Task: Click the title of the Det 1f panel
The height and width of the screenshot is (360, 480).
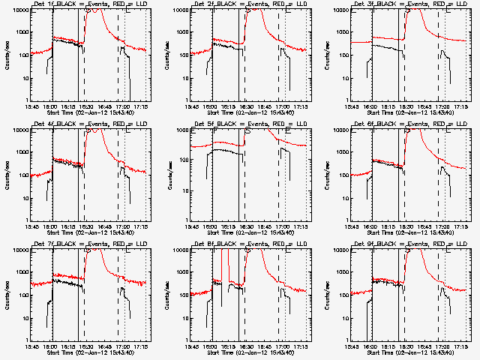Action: click(x=88, y=5)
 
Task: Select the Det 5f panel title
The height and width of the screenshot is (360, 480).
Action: click(x=249, y=125)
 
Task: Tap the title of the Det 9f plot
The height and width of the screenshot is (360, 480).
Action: click(x=409, y=245)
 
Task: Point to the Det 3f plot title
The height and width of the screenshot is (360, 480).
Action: click(x=409, y=5)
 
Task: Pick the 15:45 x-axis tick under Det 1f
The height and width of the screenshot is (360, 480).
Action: click(x=33, y=106)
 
